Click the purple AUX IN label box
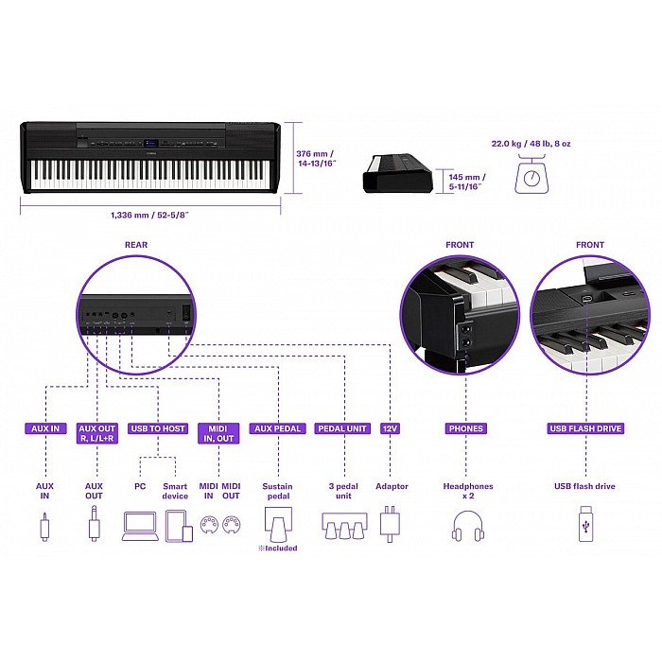tap(45, 428)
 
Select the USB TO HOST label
tap(158, 428)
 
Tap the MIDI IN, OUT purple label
tap(218, 433)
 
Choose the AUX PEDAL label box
tap(277, 428)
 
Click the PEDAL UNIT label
tap(342, 428)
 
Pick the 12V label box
tap(390, 428)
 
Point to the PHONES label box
tap(466, 428)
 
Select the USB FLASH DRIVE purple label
tap(585, 428)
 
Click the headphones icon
tap(468, 526)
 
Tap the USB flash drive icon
tap(585, 524)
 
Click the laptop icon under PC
tap(141, 527)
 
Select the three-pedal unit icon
tap(344, 526)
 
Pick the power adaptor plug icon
tap(390, 524)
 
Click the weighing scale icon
tap(531, 176)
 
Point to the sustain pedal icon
tap(277, 525)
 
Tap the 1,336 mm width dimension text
tap(149, 215)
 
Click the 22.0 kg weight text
tap(531, 144)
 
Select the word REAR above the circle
tap(136, 244)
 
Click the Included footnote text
tap(278, 548)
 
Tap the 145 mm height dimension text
tap(467, 182)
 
